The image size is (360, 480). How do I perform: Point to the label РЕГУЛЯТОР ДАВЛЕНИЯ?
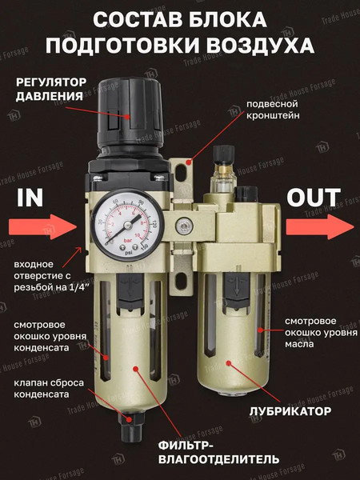coord(50,90)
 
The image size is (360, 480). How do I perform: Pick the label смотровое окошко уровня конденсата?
coord(50,336)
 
